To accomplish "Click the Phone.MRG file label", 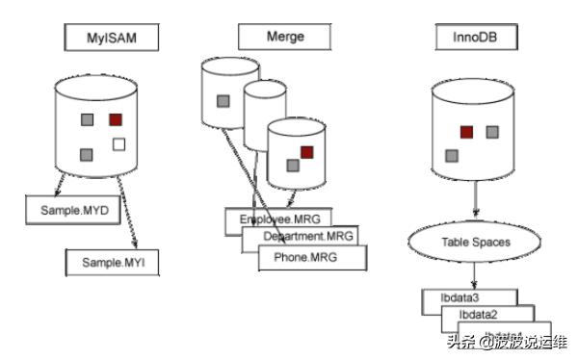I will pos(313,257).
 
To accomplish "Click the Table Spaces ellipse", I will pos(475,244).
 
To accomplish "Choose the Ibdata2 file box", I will pos(479,315).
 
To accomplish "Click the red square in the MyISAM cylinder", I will pos(116,120).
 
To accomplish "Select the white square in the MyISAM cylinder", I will pos(119,145).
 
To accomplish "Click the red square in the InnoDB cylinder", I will pos(466,131).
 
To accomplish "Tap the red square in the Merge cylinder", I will pos(307,152).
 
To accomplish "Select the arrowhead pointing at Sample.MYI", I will pos(136,244).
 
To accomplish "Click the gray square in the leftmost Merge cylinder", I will pos(223,100).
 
